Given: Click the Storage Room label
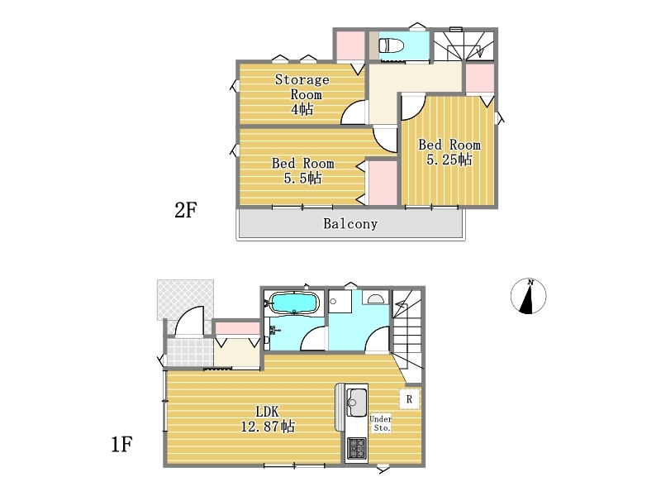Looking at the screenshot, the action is [x=302, y=93].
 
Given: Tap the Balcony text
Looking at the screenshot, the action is [x=350, y=223].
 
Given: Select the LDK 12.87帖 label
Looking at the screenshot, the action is [x=267, y=419].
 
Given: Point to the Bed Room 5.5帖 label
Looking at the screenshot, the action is [x=302, y=170].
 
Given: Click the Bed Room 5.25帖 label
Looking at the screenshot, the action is [x=449, y=152].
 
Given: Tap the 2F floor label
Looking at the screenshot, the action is [x=185, y=210].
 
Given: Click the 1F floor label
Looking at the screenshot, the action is [x=121, y=444].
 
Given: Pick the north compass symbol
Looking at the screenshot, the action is [x=528, y=296].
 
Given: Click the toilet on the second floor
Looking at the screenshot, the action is [x=392, y=45].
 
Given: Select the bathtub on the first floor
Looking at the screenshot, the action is [x=294, y=303].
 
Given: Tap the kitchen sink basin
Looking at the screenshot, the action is [x=356, y=402].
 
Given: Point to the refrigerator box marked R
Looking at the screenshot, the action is [x=409, y=398].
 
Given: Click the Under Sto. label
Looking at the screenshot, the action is [x=381, y=423].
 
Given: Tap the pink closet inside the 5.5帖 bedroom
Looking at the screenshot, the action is [x=383, y=183].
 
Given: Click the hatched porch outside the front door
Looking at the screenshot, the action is [x=185, y=299].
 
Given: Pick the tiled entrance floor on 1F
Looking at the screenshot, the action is [x=190, y=352].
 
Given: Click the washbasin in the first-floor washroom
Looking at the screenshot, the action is [x=376, y=298].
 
